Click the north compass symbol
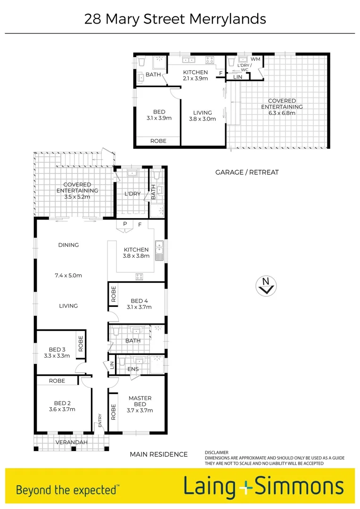click(x=266, y=286)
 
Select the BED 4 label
click(x=139, y=301)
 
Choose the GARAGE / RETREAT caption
click(x=247, y=172)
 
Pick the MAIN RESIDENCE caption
click(x=159, y=454)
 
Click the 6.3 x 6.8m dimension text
click(x=282, y=113)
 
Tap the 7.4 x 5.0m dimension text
click(x=68, y=275)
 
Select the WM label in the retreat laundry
click(x=255, y=59)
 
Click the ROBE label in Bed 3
click(x=81, y=344)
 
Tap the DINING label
click(x=68, y=245)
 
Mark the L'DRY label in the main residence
click(x=132, y=194)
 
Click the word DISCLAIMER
click(x=216, y=452)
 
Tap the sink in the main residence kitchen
click(x=160, y=250)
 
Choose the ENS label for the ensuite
click(x=133, y=369)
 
